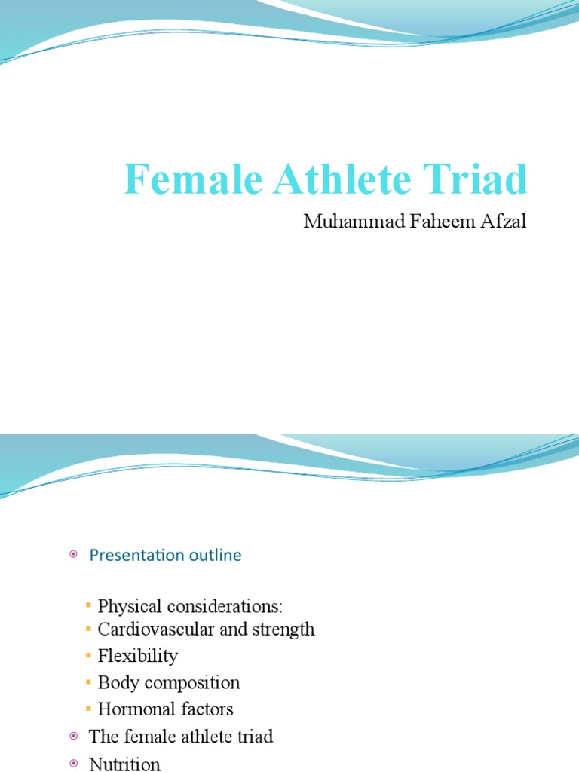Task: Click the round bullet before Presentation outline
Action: click(74, 555)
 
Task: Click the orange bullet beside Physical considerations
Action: click(89, 606)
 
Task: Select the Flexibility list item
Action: click(137, 656)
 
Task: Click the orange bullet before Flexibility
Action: click(89, 656)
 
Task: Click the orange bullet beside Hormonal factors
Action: click(89, 709)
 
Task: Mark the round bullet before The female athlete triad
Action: click(74, 737)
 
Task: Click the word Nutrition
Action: click(124, 764)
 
